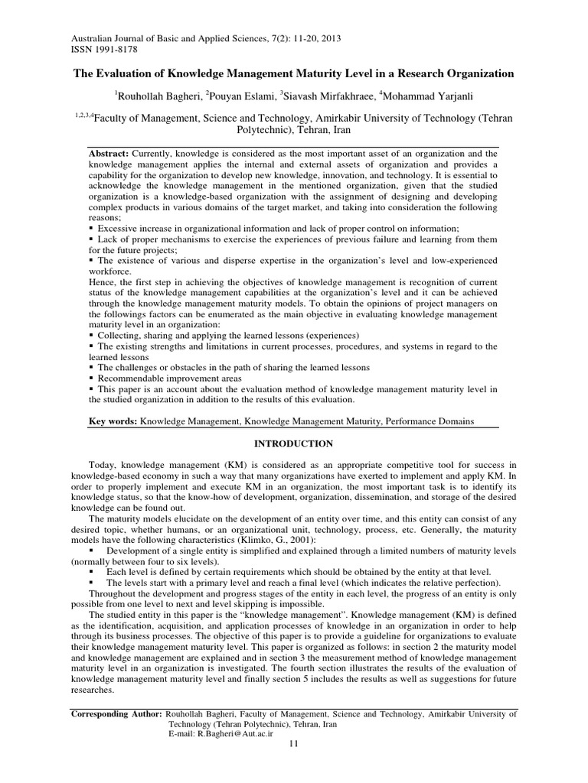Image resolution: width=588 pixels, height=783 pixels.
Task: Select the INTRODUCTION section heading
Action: (x=293, y=443)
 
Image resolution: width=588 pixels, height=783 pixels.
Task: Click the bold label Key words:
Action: (x=112, y=421)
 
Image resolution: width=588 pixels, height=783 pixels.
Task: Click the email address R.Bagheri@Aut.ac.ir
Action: (x=218, y=733)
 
